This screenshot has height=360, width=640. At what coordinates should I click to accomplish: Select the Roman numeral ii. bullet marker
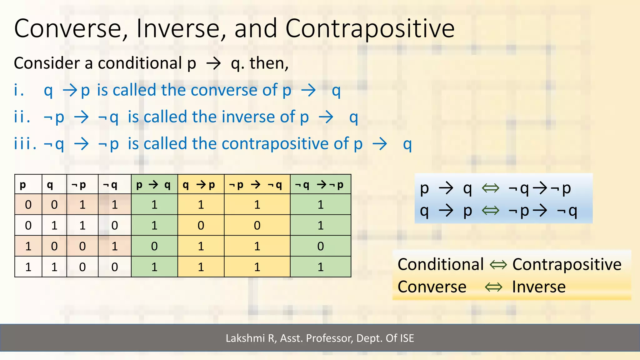click(22, 117)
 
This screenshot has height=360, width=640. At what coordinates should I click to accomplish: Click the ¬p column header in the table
click(79, 185)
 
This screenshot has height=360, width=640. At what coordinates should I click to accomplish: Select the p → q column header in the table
click(154, 185)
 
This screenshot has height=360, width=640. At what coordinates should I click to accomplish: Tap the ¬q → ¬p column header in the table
click(320, 185)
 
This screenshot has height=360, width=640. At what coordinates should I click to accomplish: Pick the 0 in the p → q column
click(154, 246)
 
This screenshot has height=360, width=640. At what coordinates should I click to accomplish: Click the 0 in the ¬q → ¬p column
click(320, 246)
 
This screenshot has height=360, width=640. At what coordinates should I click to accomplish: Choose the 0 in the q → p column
click(201, 226)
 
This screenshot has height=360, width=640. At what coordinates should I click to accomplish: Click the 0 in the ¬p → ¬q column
click(257, 226)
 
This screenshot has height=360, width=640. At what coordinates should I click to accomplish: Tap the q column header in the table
click(50, 185)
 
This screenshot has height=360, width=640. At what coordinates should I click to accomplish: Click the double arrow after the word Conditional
click(498, 265)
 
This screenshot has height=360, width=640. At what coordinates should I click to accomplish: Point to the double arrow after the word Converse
click(494, 287)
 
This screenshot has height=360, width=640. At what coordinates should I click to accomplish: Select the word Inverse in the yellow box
click(538, 287)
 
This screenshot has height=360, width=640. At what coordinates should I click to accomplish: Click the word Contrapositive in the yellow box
click(567, 265)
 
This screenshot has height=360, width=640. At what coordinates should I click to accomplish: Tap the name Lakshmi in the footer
click(245, 338)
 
